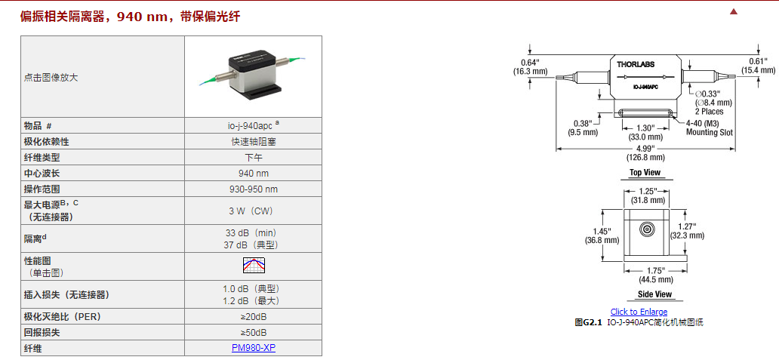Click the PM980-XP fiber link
click(253, 348)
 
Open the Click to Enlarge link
click(639, 312)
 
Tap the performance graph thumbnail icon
click(254, 266)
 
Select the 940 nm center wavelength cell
click(253, 173)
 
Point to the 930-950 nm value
click(253, 189)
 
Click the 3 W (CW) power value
click(253, 211)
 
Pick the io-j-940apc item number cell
click(251, 126)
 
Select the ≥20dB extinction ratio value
click(253, 317)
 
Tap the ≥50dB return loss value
click(253, 333)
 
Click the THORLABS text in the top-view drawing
click(636, 66)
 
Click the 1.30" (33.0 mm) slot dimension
click(645, 133)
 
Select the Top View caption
click(645, 174)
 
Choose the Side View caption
click(654, 294)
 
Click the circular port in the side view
click(646, 229)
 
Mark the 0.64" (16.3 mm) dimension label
click(530, 66)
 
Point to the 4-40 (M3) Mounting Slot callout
click(709, 128)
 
